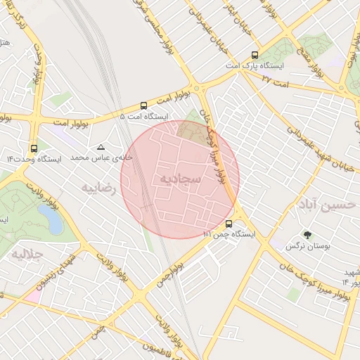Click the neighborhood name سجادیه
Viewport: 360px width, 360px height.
(180, 179)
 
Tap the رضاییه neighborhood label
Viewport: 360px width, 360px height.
(98, 188)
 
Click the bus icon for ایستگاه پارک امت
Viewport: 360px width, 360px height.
(254, 55)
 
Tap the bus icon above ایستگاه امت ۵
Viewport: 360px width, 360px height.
(143, 104)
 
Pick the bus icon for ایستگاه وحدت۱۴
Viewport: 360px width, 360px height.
(34, 148)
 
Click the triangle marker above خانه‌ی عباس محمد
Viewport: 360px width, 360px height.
(101, 148)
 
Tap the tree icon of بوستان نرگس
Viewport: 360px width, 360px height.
(307, 234)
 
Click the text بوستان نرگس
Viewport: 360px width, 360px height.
(305, 246)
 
